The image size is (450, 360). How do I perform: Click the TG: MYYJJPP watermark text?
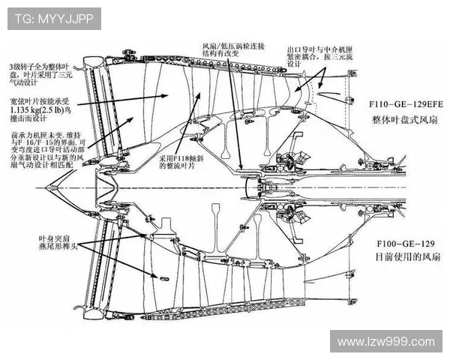pos(54,18)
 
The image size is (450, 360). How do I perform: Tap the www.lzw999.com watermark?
pos(385,341)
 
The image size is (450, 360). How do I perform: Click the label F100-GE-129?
pos(406,244)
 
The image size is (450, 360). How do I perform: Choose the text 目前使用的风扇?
pos(406,257)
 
